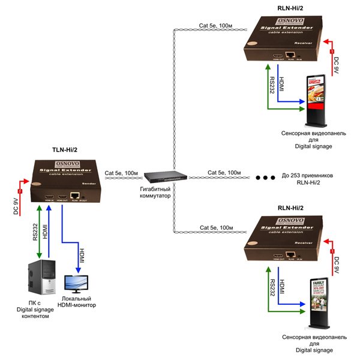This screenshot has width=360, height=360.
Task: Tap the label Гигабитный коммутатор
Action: pos(155,193)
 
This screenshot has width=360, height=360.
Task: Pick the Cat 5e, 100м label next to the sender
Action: pos(121,172)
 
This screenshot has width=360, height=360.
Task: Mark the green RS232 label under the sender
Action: pos(35,232)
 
